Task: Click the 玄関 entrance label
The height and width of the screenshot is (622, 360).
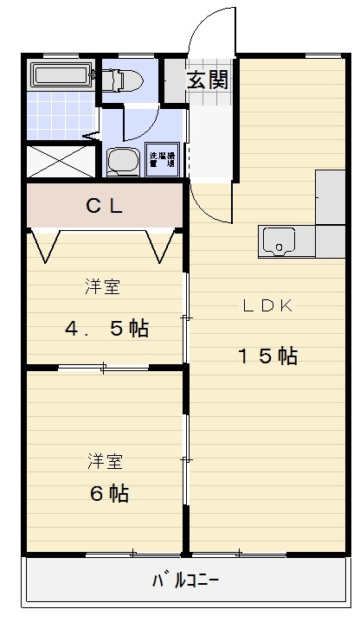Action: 208,81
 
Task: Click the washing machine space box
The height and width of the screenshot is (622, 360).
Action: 162,159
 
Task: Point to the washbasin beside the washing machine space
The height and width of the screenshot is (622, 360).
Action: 122,161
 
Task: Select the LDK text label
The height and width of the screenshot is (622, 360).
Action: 269,305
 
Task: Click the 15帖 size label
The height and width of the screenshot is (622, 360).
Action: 268,355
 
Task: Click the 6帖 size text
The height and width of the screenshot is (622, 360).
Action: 109,493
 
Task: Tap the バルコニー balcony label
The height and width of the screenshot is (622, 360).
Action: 185,580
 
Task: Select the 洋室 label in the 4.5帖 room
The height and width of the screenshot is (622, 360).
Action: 102,287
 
